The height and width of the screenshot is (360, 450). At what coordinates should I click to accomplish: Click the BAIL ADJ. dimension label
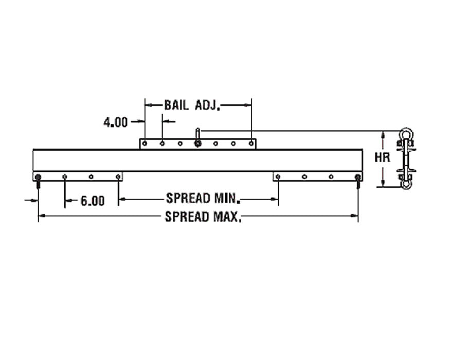tap(192, 105)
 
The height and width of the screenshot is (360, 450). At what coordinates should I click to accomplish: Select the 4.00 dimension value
tap(115, 122)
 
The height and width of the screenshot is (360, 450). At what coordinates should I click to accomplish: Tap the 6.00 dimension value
tap(93, 201)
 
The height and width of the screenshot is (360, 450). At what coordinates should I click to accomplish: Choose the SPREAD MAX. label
tap(203, 217)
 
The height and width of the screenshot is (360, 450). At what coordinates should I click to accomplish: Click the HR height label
tap(382, 157)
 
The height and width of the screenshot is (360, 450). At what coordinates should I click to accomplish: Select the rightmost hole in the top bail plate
tap(251, 143)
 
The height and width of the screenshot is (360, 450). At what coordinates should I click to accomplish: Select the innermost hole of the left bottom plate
tap(118, 177)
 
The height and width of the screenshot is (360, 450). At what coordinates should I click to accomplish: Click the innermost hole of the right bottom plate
tap(278, 177)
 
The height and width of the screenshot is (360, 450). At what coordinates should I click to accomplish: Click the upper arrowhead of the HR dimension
tap(382, 134)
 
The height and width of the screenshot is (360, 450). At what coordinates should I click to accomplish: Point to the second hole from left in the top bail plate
tap(162, 143)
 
